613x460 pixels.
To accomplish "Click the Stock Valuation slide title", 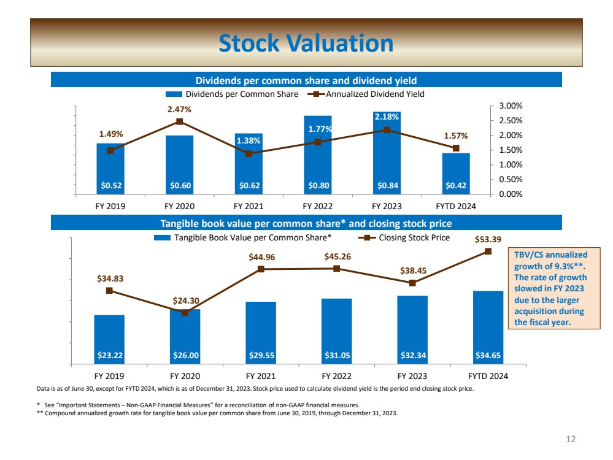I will pos(306,44).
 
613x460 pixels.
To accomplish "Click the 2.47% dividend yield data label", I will pos(179,110).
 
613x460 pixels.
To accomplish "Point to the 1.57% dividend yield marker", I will pos(456,148).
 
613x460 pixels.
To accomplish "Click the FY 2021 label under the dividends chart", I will pos(249,207).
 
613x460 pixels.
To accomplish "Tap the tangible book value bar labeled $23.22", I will pos(109,339).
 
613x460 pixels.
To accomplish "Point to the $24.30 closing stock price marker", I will pos(185,313).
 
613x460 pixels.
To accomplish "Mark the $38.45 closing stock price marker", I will pos(412,283).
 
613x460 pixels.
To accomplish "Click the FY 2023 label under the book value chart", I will pos(412,376).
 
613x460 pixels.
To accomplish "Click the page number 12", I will pos(571,439).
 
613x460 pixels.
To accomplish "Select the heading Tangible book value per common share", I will pos(307,223).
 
